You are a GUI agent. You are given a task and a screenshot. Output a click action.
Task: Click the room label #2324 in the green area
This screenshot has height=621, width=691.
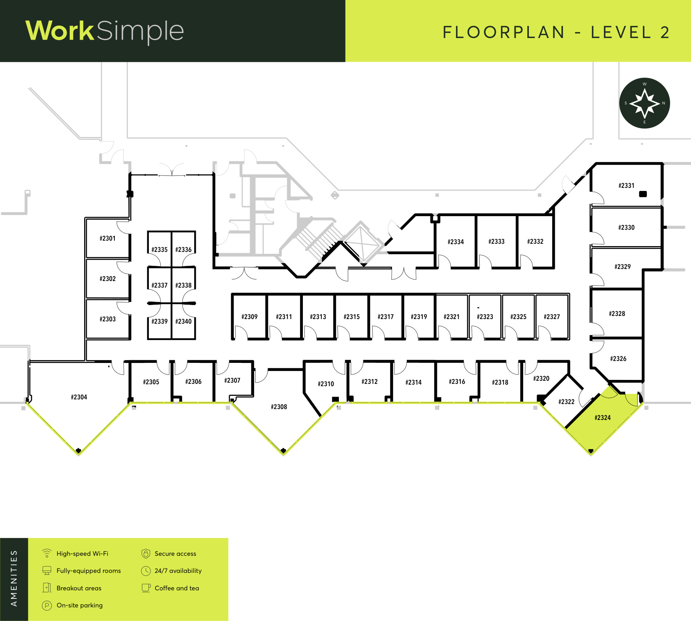[x=603, y=418]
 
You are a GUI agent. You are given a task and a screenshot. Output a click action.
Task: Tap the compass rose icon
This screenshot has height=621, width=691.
[x=644, y=103]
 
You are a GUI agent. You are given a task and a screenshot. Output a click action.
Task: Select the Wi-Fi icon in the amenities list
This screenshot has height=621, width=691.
[x=47, y=553]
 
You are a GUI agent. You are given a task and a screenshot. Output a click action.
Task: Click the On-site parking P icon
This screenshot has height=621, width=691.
[x=47, y=605]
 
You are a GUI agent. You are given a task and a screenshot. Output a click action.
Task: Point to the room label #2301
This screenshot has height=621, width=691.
[x=107, y=238]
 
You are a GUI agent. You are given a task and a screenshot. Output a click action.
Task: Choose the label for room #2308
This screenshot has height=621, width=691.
[x=279, y=407]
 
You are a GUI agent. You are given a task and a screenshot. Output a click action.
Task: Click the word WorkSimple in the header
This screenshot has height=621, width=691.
[x=105, y=31]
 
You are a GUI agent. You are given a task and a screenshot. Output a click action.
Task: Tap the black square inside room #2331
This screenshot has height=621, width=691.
[x=643, y=194]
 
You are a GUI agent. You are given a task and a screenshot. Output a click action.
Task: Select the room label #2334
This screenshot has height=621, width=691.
[x=456, y=242]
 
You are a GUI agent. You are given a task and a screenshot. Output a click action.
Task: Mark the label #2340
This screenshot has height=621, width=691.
[x=183, y=321]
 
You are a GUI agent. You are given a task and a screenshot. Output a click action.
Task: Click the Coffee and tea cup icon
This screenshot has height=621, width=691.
[x=146, y=588]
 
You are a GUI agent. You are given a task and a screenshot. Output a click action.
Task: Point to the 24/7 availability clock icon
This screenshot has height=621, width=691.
[x=146, y=571]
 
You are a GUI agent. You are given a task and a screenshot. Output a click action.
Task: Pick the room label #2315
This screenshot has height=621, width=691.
[x=352, y=317]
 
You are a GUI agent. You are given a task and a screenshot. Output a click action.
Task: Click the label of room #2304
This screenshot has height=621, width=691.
[x=79, y=397]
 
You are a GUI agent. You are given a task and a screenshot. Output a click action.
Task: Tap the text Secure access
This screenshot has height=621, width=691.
[x=175, y=554]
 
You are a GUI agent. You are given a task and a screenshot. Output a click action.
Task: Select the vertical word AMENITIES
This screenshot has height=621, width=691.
[x=14, y=578]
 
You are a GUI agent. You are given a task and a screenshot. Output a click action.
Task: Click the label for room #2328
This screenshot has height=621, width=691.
[x=617, y=314]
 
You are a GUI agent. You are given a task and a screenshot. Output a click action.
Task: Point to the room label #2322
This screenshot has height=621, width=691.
[x=567, y=402]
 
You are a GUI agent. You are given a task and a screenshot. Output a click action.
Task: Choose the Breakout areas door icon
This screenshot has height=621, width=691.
[x=47, y=588]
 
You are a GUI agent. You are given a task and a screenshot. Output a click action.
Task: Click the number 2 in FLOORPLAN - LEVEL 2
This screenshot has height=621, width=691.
[x=665, y=33]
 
